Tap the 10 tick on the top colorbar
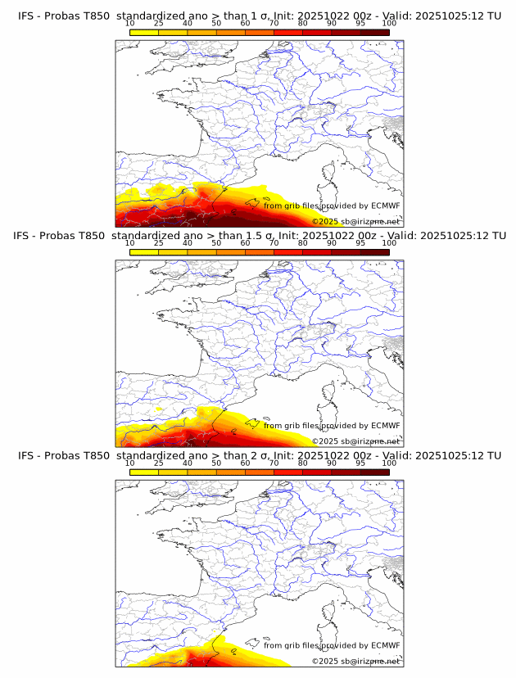coord(130,24)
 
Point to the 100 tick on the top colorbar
coord(389,24)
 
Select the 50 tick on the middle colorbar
coord(216,243)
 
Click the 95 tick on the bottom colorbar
coord(360,463)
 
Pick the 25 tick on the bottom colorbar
coord(159,463)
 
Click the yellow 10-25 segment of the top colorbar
coord(144,32)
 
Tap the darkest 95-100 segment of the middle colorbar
coord(374,251)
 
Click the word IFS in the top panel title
coord(26,16)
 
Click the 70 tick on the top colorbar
coord(274,24)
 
